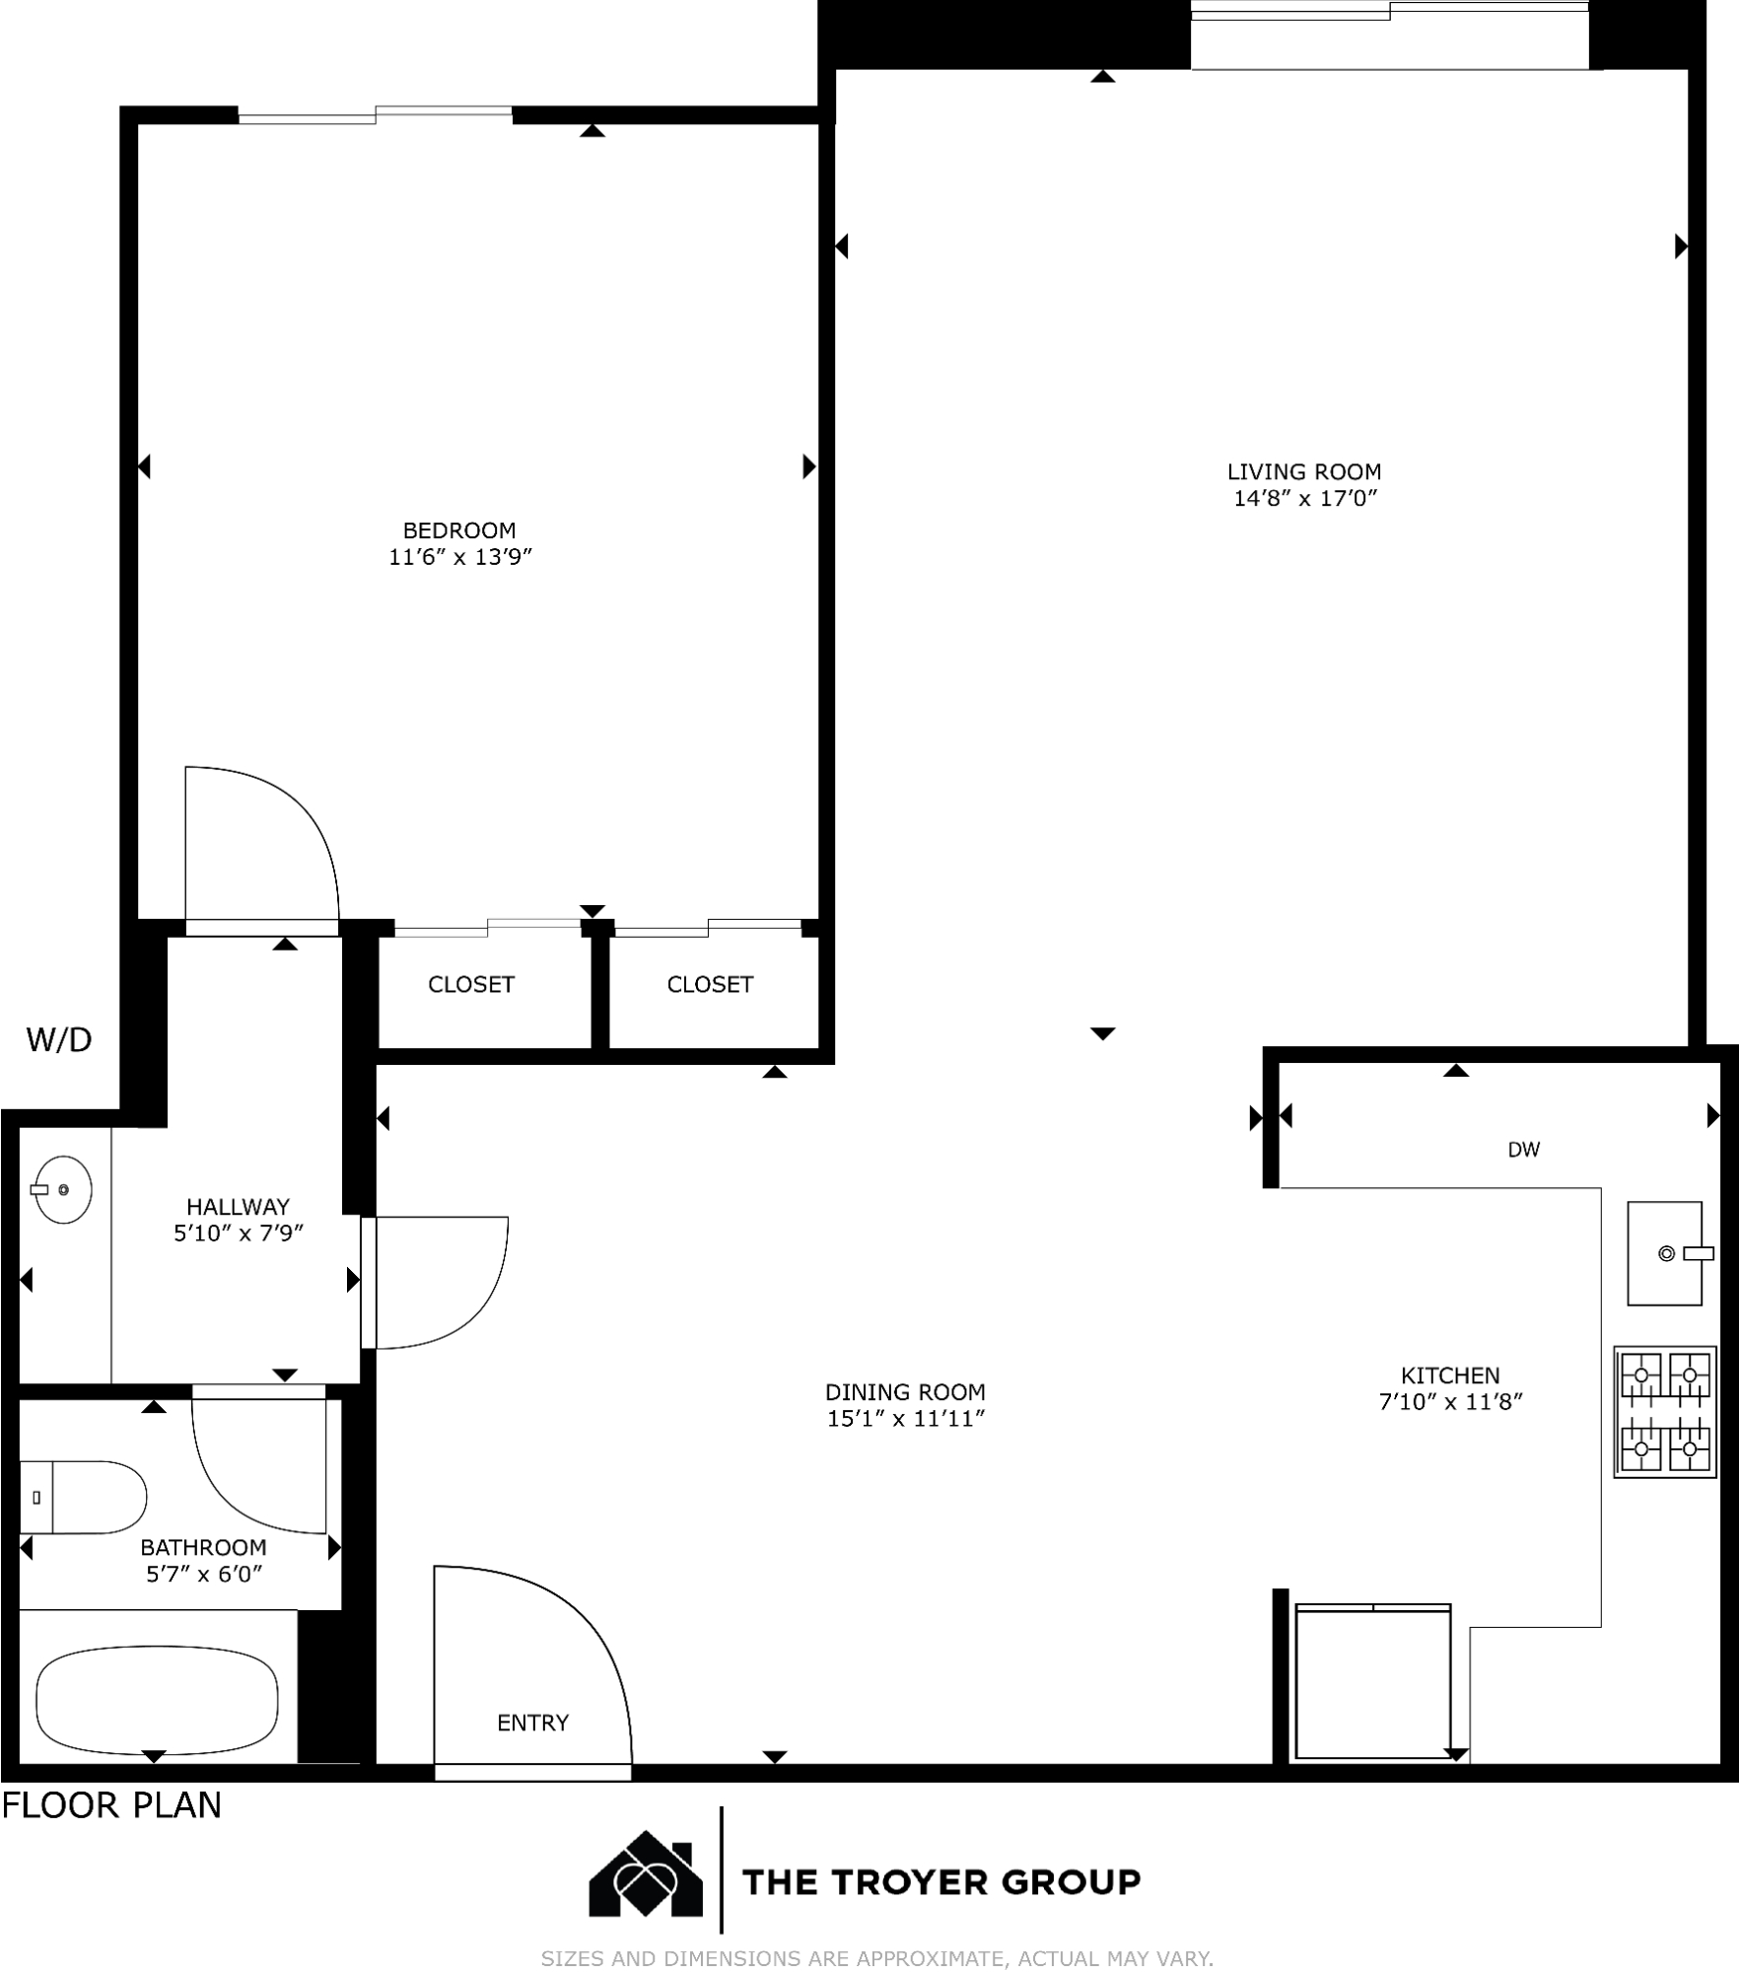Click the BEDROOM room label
pos(459,530)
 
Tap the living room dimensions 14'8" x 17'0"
pos(1305,498)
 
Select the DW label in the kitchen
pos(1524,1149)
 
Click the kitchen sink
pos(1665,1253)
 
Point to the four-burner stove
pos(1665,1412)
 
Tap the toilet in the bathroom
pos(83,1497)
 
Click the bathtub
pos(157,1700)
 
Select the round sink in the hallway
pos(62,1189)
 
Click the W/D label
pos(59,1039)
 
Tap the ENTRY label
pos(533,1723)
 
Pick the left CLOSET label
pos(471,984)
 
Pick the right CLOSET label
pos(710,984)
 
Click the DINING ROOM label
pos(905,1392)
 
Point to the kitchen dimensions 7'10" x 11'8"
pos(1451,1401)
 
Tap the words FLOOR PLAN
pos(111,1805)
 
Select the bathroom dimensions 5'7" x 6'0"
pos(204,1574)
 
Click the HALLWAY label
pos(238,1206)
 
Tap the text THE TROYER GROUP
pos(941,1882)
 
